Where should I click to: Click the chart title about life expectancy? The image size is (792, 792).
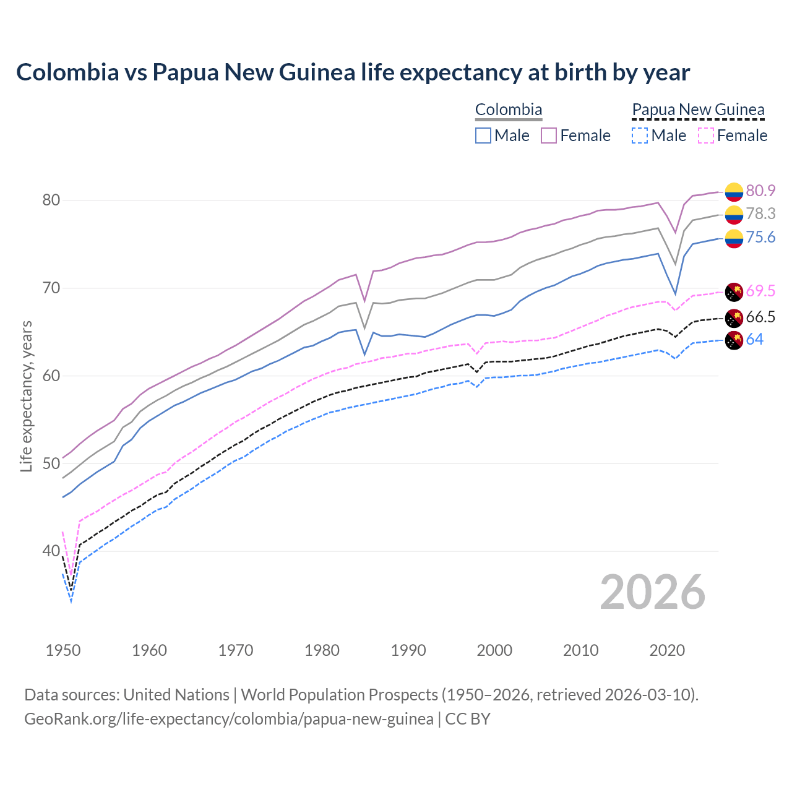[353, 72]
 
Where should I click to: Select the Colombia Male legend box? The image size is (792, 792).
[483, 136]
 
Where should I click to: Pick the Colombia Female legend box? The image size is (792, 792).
[549, 136]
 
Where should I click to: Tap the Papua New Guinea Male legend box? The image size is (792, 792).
[640, 136]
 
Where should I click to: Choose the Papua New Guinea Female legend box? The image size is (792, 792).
[706, 136]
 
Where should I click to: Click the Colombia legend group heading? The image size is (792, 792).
[509, 110]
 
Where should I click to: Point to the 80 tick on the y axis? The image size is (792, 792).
[51, 200]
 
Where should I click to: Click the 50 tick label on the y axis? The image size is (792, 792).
[51, 463]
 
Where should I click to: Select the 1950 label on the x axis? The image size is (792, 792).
[63, 650]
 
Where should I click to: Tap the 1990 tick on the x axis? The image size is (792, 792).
[408, 650]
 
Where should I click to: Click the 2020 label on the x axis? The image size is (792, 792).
[667, 650]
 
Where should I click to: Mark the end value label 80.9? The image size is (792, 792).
[760, 191]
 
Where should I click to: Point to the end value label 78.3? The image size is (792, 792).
[760, 214]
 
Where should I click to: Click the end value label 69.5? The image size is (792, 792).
[760, 291]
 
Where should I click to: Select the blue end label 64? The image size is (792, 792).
[755, 340]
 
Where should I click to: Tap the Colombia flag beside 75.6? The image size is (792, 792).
[734, 238]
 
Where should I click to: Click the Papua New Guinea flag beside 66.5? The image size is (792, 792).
[734, 318]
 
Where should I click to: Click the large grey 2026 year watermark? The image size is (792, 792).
[653, 593]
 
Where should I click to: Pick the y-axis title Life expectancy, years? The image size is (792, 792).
[27, 396]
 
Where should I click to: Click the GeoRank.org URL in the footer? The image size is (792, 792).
[229, 719]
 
